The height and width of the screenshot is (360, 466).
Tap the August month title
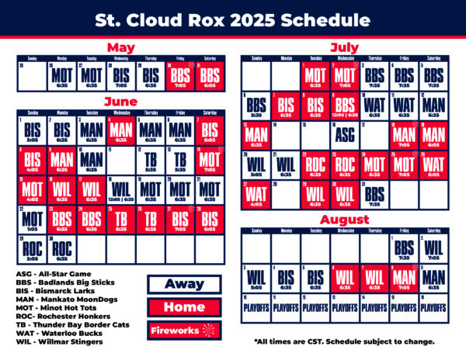coord(345,220)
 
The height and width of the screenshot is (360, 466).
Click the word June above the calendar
coord(121,102)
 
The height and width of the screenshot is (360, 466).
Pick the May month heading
coord(121,47)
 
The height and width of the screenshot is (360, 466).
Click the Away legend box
coord(183,284)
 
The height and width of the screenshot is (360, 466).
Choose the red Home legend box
coord(183,307)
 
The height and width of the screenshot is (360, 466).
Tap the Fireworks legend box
coord(183,331)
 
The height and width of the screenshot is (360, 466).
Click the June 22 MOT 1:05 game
coord(31,220)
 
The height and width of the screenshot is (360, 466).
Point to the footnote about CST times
coord(344,341)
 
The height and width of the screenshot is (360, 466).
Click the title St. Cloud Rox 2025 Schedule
coord(233,19)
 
